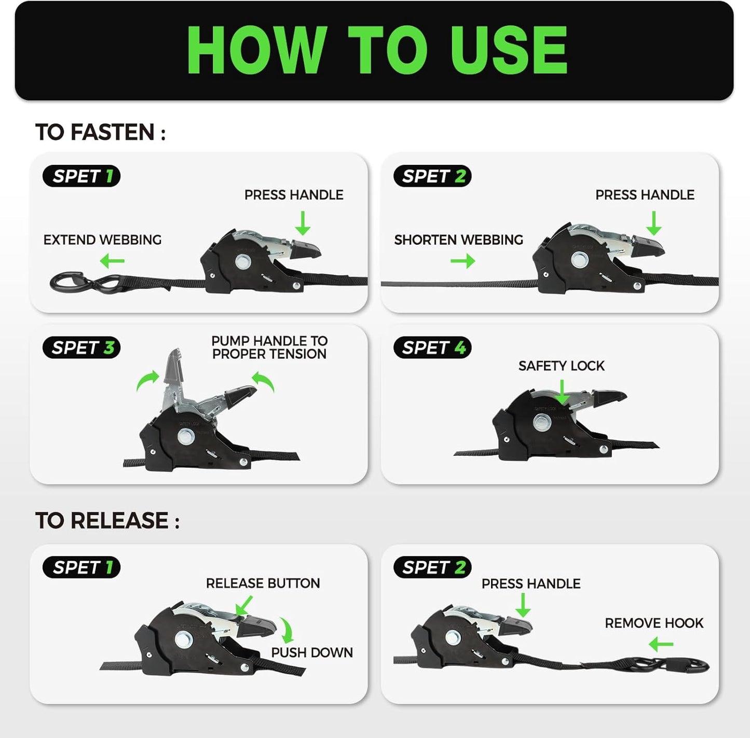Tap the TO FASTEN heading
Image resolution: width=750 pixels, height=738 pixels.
(x=100, y=132)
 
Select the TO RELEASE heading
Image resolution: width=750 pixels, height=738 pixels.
(x=107, y=521)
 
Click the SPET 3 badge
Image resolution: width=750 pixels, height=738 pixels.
(x=81, y=347)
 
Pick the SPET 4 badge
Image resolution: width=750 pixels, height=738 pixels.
(x=432, y=347)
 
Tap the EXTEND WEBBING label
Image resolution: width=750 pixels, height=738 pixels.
(x=102, y=240)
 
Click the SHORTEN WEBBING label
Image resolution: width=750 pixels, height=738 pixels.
(x=458, y=240)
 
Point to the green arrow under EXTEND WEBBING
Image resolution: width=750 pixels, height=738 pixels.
(x=112, y=261)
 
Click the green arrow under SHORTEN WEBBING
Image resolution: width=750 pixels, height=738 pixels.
(x=463, y=261)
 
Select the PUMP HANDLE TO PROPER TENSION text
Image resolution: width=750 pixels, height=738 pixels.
(x=269, y=347)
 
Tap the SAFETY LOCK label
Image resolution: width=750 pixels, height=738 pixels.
(x=561, y=366)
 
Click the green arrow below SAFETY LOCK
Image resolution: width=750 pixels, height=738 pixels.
(x=562, y=392)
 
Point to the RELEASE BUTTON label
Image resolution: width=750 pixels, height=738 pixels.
(x=263, y=583)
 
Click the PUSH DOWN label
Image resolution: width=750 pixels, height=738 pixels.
(x=312, y=652)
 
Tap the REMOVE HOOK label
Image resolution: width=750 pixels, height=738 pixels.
(x=654, y=623)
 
